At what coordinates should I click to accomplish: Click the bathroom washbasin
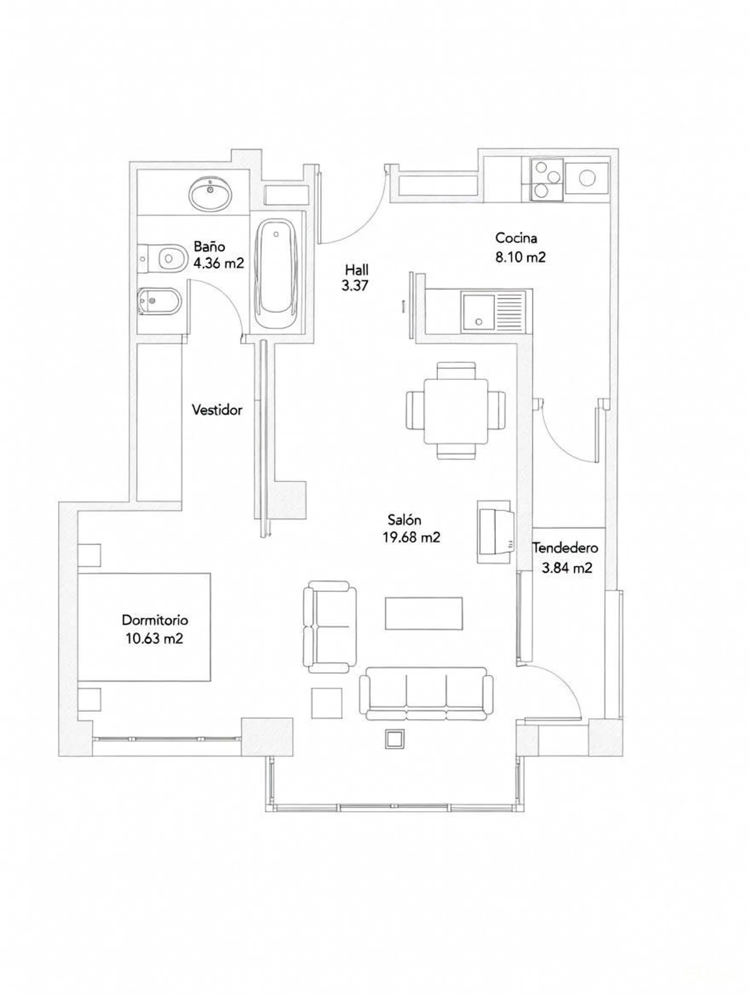pos(211,194)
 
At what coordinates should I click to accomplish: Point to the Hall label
pos(357,270)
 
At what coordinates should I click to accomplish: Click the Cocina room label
pos(516,238)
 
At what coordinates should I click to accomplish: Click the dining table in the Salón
pos(456,411)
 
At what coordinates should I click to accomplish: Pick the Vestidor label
pos(217,410)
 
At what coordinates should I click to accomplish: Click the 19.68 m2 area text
pos(411,538)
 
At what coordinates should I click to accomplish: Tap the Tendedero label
pos(565,548)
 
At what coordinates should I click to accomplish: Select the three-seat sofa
pos(426,694)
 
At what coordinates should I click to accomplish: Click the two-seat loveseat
pos(330,627)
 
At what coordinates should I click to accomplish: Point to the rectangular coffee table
pos(424,613)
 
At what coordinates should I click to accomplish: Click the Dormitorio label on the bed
pos(155,620)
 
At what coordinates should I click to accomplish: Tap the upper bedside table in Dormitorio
pos(89,555)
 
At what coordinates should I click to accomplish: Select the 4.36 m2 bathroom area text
pos(219,263)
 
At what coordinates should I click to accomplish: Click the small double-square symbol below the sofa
pos(394,739)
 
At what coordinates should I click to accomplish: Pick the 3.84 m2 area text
pos(567,568)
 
